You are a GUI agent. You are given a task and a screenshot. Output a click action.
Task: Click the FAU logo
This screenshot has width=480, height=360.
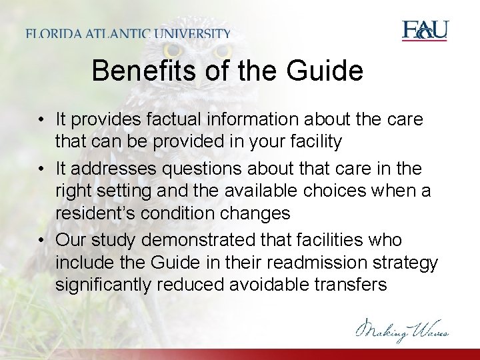tap(425, 31)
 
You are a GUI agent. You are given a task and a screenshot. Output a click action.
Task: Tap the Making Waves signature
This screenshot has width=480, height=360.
tap(402, 330)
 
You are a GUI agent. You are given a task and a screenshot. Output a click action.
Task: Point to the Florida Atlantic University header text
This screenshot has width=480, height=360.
tap(129, 33)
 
